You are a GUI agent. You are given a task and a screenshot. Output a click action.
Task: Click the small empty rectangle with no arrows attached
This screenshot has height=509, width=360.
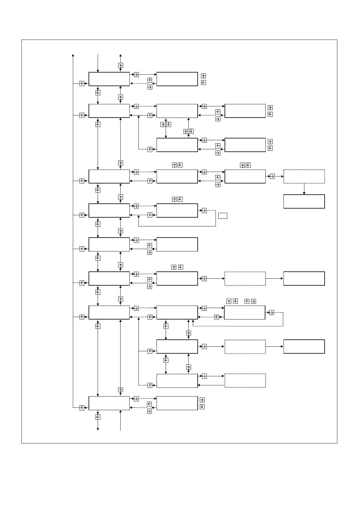pos(223,216)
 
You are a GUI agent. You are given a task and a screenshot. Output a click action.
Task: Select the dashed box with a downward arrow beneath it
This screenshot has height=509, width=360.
pos(304,177)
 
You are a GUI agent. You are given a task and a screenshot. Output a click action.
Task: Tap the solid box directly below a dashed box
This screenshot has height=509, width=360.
pos(304,201)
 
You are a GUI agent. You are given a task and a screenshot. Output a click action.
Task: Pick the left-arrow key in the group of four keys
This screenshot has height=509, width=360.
pos(247,301)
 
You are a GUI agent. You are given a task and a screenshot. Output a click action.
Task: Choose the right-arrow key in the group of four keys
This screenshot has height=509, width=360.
pos(254,301)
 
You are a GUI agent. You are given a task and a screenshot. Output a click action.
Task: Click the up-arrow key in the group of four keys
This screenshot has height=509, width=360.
pos(229,301)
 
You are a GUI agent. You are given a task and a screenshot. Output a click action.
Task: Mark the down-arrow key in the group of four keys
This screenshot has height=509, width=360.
pos(235,301)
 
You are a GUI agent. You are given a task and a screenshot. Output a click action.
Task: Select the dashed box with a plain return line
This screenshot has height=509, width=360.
pos(245,381)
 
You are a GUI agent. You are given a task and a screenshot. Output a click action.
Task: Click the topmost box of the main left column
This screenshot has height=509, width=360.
pos(109,79)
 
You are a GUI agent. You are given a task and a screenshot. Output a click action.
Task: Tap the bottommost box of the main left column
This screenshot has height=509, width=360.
pos(109,403)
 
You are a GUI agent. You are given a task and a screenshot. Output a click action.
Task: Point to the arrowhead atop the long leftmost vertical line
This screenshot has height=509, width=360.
pos(73,55)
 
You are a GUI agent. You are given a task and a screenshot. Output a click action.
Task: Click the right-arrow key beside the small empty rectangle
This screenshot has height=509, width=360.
pos(204,211)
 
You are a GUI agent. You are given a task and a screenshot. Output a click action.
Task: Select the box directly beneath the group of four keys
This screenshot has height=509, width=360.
pos(245,313)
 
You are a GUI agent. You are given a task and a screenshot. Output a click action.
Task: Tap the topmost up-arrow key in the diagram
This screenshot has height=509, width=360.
pos(121,65)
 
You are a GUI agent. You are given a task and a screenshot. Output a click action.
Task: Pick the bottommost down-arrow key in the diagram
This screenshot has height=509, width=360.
pos(98,417)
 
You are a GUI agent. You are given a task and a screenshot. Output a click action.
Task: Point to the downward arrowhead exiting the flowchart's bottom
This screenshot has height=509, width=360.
pos(98,429)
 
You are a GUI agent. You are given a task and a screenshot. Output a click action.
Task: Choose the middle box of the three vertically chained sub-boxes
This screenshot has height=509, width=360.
pos(177,346)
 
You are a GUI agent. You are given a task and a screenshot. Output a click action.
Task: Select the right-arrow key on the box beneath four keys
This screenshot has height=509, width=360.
pos(271,313)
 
